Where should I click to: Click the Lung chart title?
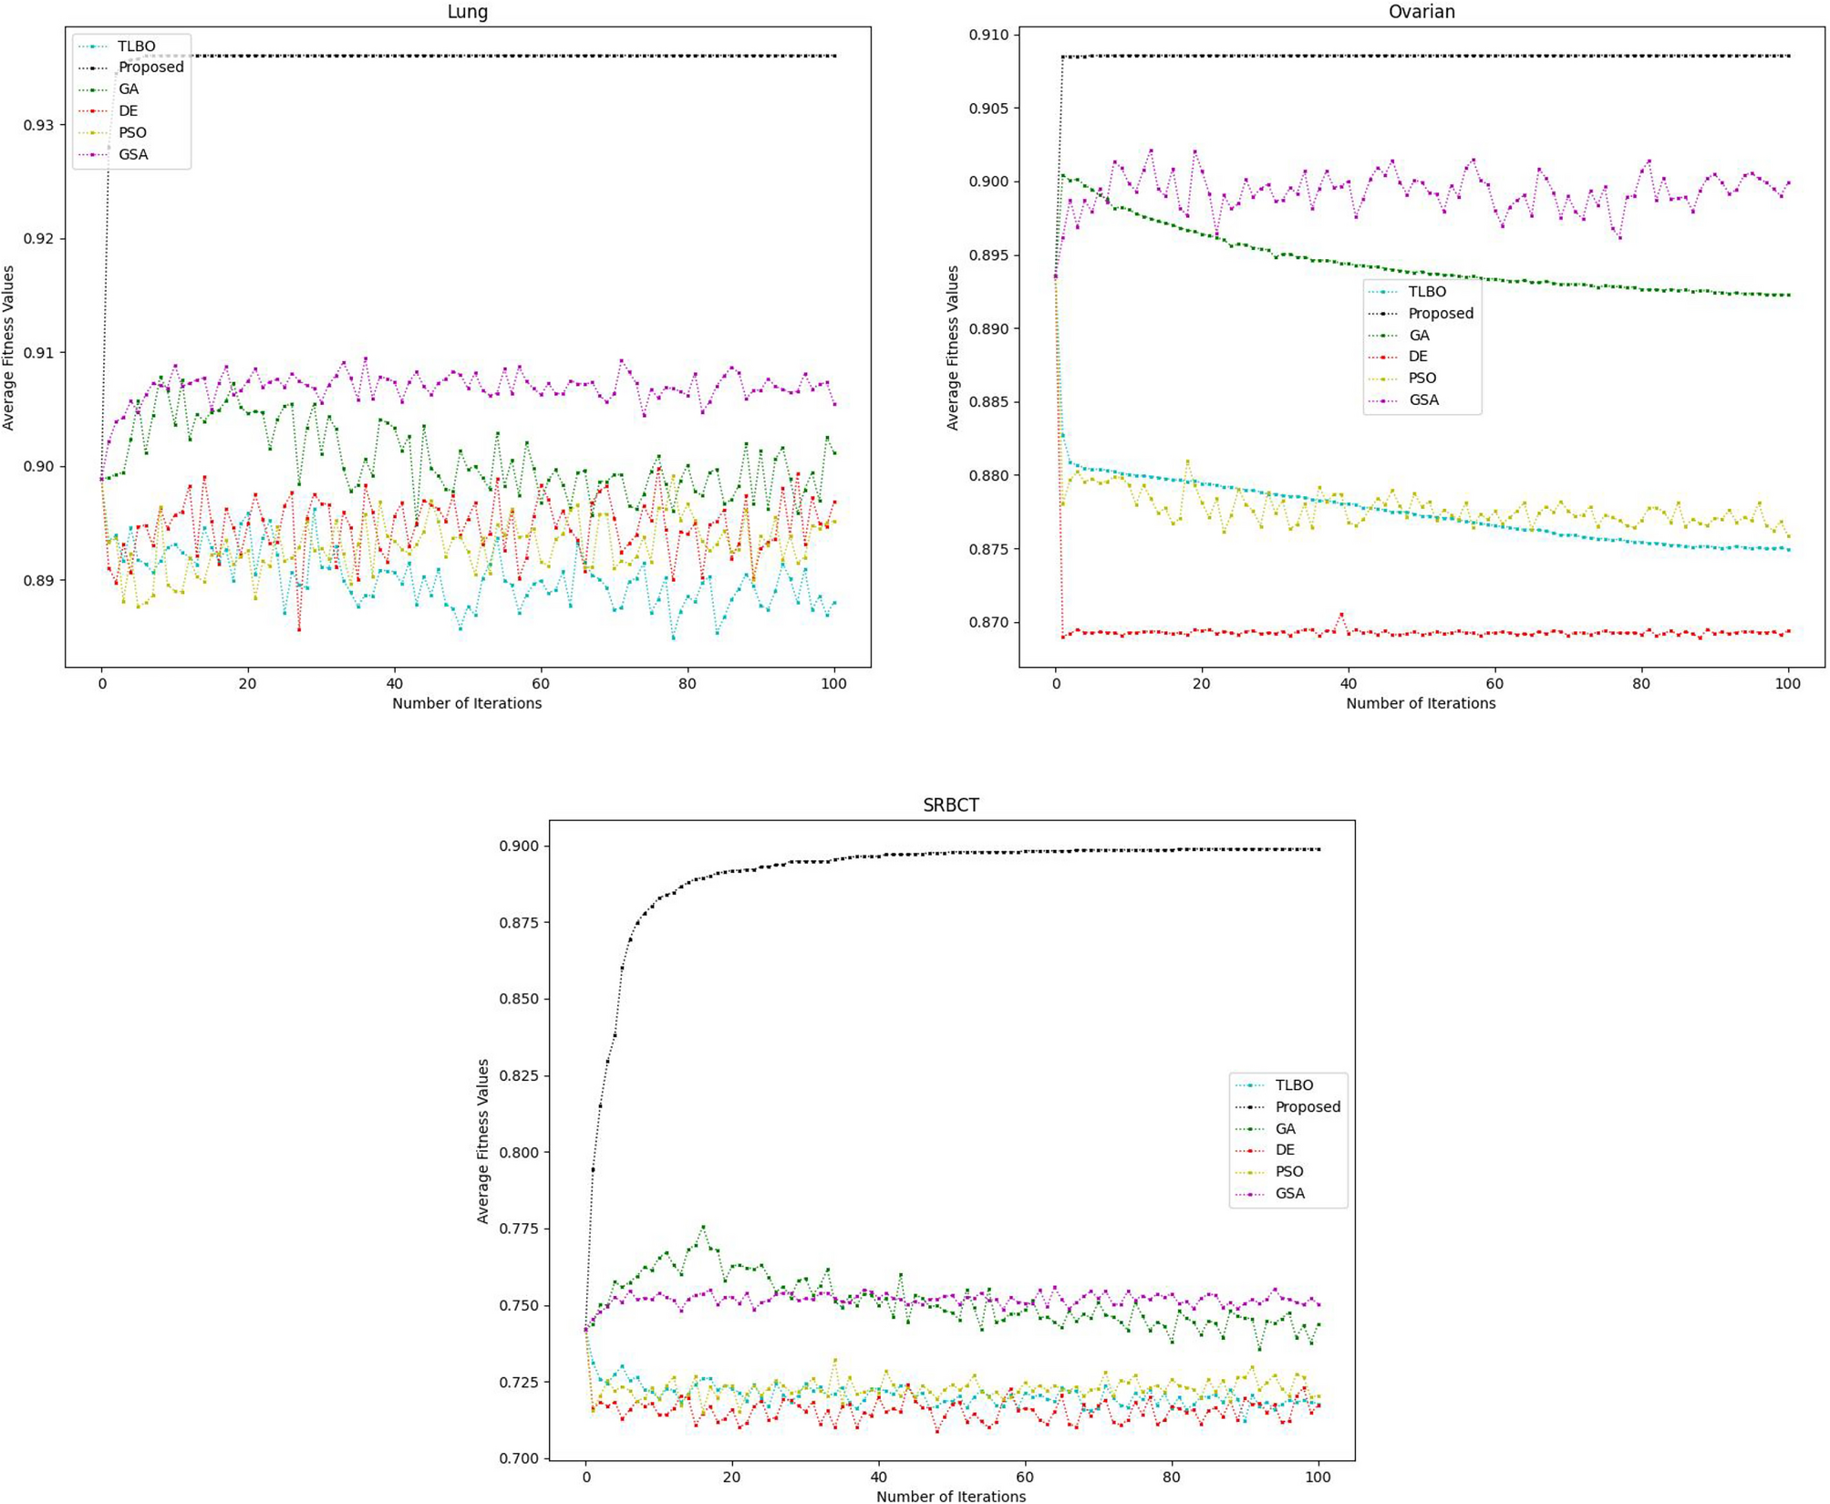click(x=467, y=12)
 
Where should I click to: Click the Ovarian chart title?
click(x=1421, y=12)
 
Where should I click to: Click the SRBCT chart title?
click(x=950, y=805)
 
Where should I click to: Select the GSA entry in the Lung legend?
click(x=133, y=154)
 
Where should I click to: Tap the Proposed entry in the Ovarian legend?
click(x=1440, y=313)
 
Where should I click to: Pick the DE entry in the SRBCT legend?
click(x=1285, y=1150)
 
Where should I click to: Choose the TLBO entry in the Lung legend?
click(x=137, y=46)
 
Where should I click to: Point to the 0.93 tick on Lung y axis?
click(x=39, y=125)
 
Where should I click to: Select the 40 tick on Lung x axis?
click(x=394, y=683)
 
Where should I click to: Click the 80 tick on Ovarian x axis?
click(x=1641, y=683)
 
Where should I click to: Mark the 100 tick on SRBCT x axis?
click(x=1318, y=1476)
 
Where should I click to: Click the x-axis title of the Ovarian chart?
click(x=1421, y=703)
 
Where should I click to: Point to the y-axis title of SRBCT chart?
click(x=483, y=1141)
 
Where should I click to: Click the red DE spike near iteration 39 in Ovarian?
click(x=1341, y=615)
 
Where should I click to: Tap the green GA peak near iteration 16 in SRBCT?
click(x=703, y=1228)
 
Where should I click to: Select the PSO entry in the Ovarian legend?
click(x=1422, y=378)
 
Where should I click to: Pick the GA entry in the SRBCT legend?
click(x=1285, y=1128)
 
